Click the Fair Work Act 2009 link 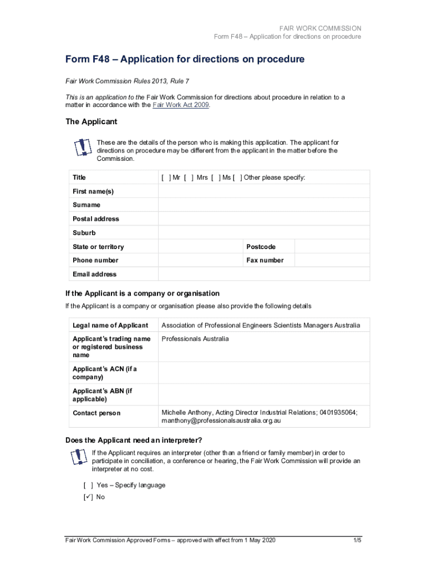(181, 105)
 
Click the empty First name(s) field (263, 191)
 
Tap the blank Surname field (263, 205)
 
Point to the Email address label (95, 274)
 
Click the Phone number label (95, 260)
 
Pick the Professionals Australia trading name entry (195, 339)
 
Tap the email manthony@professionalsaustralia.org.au (221, 421)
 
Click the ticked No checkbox (88, 497)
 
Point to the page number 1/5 (357, 540)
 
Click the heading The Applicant (91, 121)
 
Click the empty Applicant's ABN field (263, 395)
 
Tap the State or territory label (98, 246)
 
